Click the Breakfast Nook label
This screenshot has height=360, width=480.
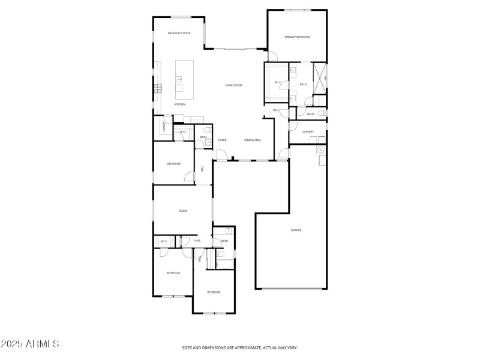click(x=179, y=33)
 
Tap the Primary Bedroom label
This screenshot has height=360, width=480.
click(x=297, y=37)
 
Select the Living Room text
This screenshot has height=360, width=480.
click(x=233, y=85)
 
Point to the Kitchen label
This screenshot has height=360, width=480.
click(x=180, y=104)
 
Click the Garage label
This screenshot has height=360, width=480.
click(x=296, y=230)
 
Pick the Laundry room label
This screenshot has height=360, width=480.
click(x=308, y=131)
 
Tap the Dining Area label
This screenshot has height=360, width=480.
click(x=252, y=140)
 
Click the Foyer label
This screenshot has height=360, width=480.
click(x=222, y=140)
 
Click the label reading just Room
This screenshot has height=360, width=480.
click(x=182, y=211)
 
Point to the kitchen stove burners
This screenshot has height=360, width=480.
click(x=158, y=88)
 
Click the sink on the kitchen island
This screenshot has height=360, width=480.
click(x=178, y=79)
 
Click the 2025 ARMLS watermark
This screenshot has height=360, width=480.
click(x=30, y=344)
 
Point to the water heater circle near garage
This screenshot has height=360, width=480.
click(x=321, y=149)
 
